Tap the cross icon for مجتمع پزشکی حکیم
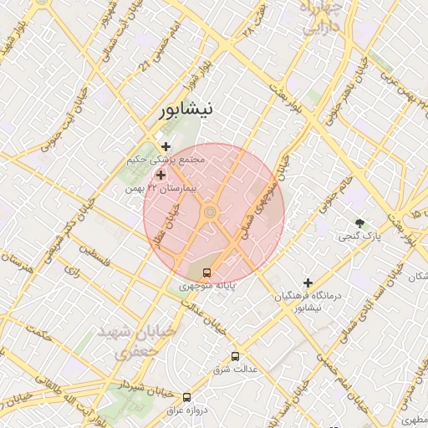[x=166, y=146]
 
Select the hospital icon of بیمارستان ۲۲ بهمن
[x=160, y=175]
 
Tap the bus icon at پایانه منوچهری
[x=207, y=273]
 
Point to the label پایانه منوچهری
[x=207, y=287]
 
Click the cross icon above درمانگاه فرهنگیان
[x=308, y=283]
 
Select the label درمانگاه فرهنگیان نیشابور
[x=308, y=302]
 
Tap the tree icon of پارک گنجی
[x=360, y=223]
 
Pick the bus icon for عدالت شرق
[x=235, y=355]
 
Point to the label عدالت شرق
[x=233, y=369]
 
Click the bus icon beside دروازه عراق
[x=186, y=397]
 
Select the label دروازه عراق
[x=185, y=410]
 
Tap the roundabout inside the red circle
[x=210, y=213]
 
